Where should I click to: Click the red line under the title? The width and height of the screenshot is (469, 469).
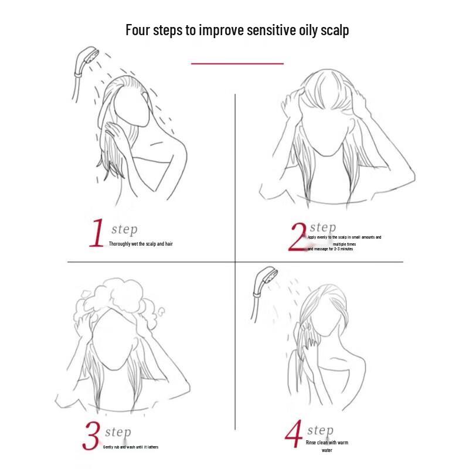click(237, 63)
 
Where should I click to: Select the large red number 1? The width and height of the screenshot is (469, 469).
click(97, 233)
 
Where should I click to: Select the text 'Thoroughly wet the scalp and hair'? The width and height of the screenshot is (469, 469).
click(141, 243)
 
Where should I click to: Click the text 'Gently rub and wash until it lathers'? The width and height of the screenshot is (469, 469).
click(131, 447)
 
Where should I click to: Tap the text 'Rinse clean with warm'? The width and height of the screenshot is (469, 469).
click(327, 443)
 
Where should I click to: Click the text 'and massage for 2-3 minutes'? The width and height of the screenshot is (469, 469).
click(330, 249)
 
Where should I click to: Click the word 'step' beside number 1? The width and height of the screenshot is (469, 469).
click(124, 229)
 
